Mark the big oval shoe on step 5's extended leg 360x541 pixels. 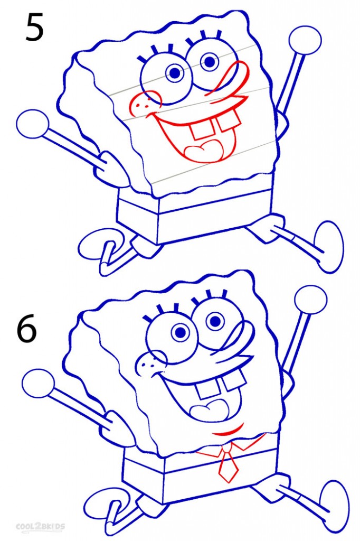(x=329, y=247)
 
